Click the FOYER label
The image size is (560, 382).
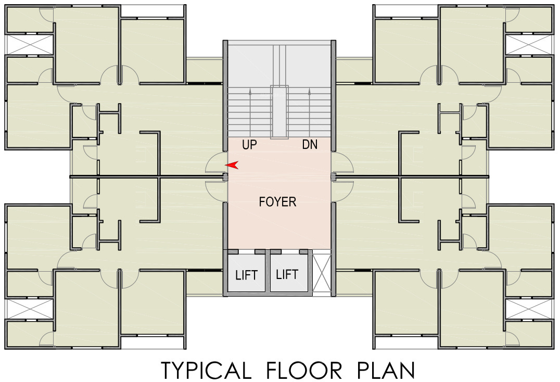point(277,202)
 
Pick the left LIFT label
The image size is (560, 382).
point(246,275)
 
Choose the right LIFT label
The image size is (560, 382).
point(287,274)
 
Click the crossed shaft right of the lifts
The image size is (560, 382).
point(321,273)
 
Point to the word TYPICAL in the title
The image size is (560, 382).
point(205,370)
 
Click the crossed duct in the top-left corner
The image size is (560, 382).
point(29,44)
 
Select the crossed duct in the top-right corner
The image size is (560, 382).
point(529,44)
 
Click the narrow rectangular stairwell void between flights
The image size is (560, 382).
point(279,112)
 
